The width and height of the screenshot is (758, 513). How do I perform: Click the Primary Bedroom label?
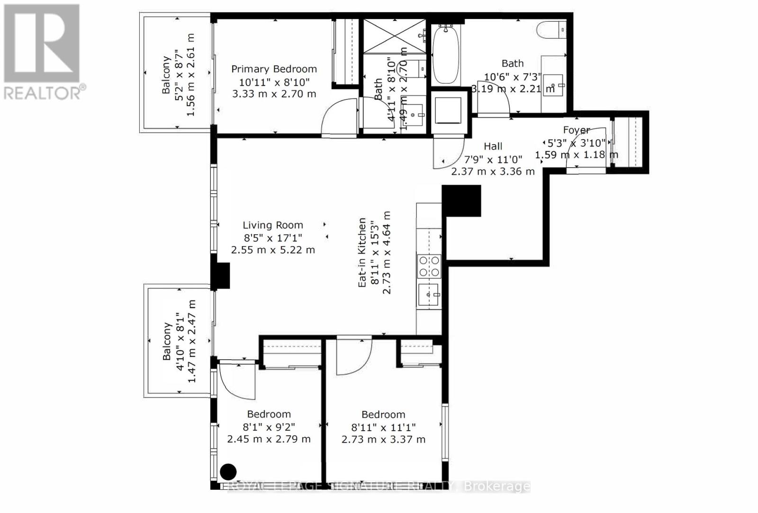[x=274, y=69]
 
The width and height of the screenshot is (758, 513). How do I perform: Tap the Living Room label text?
[x=273, y=225]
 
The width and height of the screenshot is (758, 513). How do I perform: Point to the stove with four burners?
[x=429, y=266]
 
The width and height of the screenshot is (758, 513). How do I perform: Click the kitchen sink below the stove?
[x=429, y=295]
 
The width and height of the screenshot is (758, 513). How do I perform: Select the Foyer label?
[x=576, y=130]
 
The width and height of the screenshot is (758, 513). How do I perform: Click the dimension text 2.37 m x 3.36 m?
[x=493, y=171]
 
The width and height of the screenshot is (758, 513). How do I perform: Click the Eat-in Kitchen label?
[x=362, y=252]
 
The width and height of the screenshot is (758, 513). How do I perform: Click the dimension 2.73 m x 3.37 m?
[x=383, y=440]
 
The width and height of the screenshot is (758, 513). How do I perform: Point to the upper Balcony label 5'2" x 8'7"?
[x=178, y=75]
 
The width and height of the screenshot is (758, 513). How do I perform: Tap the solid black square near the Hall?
[x=461, y=200]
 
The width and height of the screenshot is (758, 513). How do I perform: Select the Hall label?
[x=493, y=147]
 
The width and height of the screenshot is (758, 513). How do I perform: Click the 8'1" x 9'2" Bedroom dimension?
[x=269, y=427]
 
